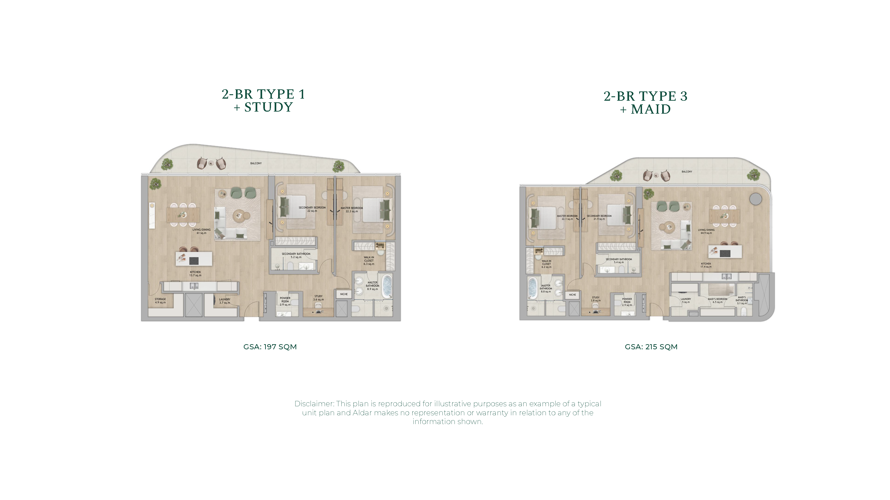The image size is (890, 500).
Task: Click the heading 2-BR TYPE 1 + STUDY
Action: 263,100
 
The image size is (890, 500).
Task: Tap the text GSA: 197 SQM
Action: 270,347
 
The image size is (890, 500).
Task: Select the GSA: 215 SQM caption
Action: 651,347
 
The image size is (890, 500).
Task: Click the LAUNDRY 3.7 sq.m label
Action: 225,301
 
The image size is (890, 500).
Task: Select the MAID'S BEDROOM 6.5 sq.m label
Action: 717,300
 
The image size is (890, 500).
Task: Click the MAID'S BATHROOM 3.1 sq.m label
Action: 742,300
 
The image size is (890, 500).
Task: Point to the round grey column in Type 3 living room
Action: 756,199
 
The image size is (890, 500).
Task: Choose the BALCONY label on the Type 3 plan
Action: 687,172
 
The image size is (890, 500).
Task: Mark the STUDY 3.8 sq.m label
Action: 596,299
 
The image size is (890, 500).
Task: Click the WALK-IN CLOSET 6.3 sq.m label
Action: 369,260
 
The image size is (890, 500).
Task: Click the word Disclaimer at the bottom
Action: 314,404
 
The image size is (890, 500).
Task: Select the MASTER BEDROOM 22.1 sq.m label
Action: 567,217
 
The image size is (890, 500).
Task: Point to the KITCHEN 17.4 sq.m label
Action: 706,265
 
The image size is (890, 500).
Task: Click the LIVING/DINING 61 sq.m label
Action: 201,231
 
